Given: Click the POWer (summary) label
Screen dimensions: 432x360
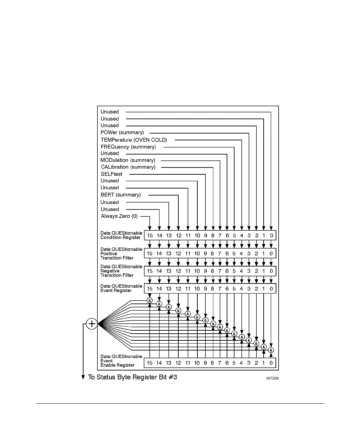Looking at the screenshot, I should coord(122,132).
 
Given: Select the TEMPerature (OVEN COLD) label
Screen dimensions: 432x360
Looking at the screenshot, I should coord(134,140).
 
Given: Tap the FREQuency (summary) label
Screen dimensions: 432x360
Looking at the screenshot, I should coord(128,147).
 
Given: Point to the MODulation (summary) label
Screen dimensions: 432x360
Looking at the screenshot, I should coord(128,160).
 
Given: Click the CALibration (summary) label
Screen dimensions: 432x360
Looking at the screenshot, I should coord(128,167).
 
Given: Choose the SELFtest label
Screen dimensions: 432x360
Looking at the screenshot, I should coord(111,174).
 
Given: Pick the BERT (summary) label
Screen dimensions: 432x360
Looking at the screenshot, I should coord(121,195).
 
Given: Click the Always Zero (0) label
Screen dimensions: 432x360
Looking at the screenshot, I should coord(119,216).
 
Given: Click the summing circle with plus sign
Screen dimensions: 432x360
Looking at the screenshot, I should coord(91,324).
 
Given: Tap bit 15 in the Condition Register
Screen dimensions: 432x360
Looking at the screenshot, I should coord(150,236).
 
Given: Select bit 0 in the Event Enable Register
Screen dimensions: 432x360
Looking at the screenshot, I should coord(271,363).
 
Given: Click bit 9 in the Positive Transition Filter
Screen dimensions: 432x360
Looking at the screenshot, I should coord(205,254).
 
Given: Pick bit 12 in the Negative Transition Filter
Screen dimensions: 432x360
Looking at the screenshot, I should coord(178,271).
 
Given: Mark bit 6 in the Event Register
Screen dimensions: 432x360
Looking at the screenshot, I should coord(227,289).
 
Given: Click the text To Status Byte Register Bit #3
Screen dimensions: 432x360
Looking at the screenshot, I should coord(132,377).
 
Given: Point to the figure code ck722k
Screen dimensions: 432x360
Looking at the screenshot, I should coord(272,378).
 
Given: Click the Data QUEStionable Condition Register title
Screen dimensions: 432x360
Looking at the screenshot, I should coord(121,235).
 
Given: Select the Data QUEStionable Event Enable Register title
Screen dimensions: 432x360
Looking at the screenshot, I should coord(121,361).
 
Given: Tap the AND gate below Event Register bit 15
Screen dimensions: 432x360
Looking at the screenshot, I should coord(150,300).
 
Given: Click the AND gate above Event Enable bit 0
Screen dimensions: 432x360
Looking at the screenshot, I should coord(271,350).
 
